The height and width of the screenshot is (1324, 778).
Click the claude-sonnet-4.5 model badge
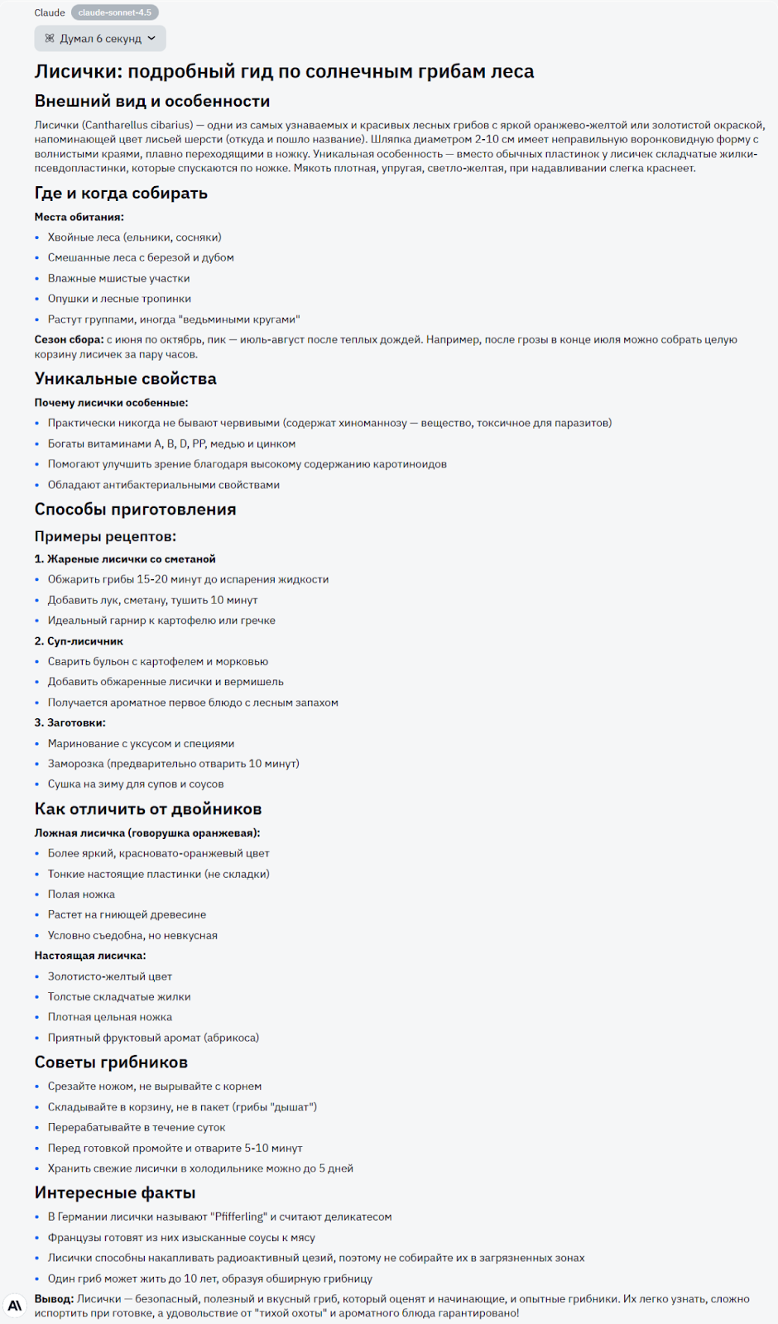pos(114,12)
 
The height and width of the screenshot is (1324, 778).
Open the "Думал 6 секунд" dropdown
pos(100,38)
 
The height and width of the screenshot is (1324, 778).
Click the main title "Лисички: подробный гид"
pos(284,71)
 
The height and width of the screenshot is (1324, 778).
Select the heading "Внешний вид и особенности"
pos(152,101)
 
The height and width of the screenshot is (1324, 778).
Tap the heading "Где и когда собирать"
pos(121,193)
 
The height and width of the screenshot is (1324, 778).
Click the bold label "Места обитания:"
pos(79,217)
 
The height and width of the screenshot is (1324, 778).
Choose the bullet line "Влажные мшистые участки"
pos(118,278)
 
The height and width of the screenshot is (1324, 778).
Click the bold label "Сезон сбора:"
pos(69,339)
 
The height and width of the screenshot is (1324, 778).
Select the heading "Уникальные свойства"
pos(126,378)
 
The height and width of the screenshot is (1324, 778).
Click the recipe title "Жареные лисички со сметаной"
pos(131,559)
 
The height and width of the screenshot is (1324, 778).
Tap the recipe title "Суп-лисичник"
pos(84,640)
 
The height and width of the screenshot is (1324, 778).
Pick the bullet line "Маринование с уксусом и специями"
pos(141,743)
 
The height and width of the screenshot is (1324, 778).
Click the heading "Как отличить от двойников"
pos(148,808)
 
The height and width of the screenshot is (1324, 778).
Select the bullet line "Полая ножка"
pos(81,894)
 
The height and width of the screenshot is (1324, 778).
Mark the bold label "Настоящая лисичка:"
pos(90,955)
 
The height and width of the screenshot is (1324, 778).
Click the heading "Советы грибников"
pos(111,1062)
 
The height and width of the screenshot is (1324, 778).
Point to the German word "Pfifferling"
pos(241,1216)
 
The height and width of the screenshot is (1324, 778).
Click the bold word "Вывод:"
pos(54,1298)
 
